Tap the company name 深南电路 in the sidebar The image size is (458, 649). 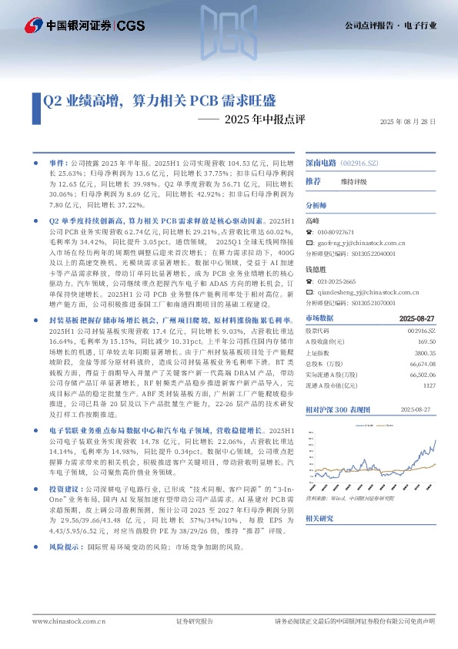[x=321, y=163]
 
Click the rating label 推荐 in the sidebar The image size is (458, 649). [x=313, y=181]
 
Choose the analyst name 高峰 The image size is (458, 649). [x=312, y=221]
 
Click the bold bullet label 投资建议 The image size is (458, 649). [x=63, y=489]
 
